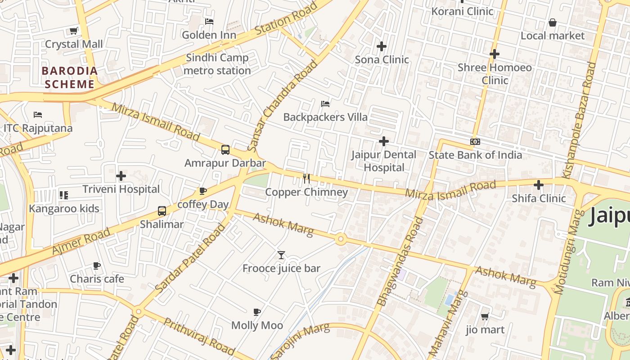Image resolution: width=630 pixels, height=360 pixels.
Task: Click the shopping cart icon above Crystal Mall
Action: [x=73, y=31]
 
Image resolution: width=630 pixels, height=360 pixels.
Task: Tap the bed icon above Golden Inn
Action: [x=209, y=21]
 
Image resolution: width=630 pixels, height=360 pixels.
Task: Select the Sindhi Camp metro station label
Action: [x=217, y=64]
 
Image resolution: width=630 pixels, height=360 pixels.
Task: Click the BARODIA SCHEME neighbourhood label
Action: [x=70, y=77]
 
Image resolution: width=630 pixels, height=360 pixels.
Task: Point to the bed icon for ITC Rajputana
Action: [x=38, y=115]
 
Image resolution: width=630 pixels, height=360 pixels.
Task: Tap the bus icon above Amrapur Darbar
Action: [x=225, y=150]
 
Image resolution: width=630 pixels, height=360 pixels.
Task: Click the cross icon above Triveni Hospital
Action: [x=121, y=176]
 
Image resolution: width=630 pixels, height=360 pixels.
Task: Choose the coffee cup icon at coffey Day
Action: [x=203, y=191]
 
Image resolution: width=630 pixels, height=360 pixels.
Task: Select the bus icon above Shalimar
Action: [x=162, y=211]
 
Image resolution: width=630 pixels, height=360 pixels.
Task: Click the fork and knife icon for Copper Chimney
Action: [x=306, y=179]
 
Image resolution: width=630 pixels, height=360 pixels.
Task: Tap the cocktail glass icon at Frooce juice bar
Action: [x=281, y=255]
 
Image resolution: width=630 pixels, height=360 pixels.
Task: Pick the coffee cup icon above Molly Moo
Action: [x=257, y=312]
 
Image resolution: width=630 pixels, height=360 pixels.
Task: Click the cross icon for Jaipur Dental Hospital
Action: [x=383, y=142]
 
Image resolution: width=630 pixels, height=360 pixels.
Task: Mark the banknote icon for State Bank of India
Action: [x=475, y=142]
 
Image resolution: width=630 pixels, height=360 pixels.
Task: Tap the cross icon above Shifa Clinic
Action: [x=539, y=185]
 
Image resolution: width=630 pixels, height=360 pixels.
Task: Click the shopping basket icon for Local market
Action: [x=552, y=22]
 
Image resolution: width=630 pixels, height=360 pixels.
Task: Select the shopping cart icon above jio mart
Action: [x=485, y=317]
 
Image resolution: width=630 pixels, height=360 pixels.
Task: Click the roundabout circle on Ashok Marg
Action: [x=341, y=239]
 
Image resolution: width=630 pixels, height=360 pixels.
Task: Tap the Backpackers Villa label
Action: [x=325, y=117]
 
